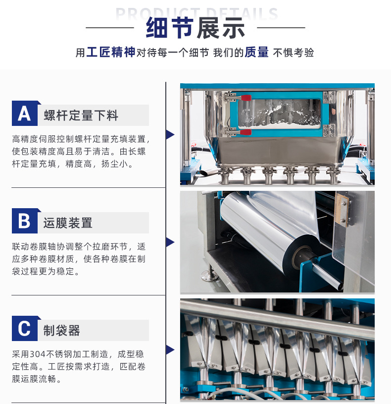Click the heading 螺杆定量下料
click(x=81, y=115)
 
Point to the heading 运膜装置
click(x=68, y=223)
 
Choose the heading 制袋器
click(x=61, y=330)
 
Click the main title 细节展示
click(x=195, y=28)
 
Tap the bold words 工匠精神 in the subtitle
click(x=110, y=52)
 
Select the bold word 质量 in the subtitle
click(x=256, y=52)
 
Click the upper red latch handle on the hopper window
click(x=245, y=98)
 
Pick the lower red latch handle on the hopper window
click(x=245, y=132)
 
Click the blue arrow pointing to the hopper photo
click(x=170, y=134)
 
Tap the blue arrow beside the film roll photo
click(x=170, y=242)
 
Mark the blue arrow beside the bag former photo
click(x=170, y=349)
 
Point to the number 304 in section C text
click(x=38, y=354)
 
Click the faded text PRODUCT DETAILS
click(x=197, y=13)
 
